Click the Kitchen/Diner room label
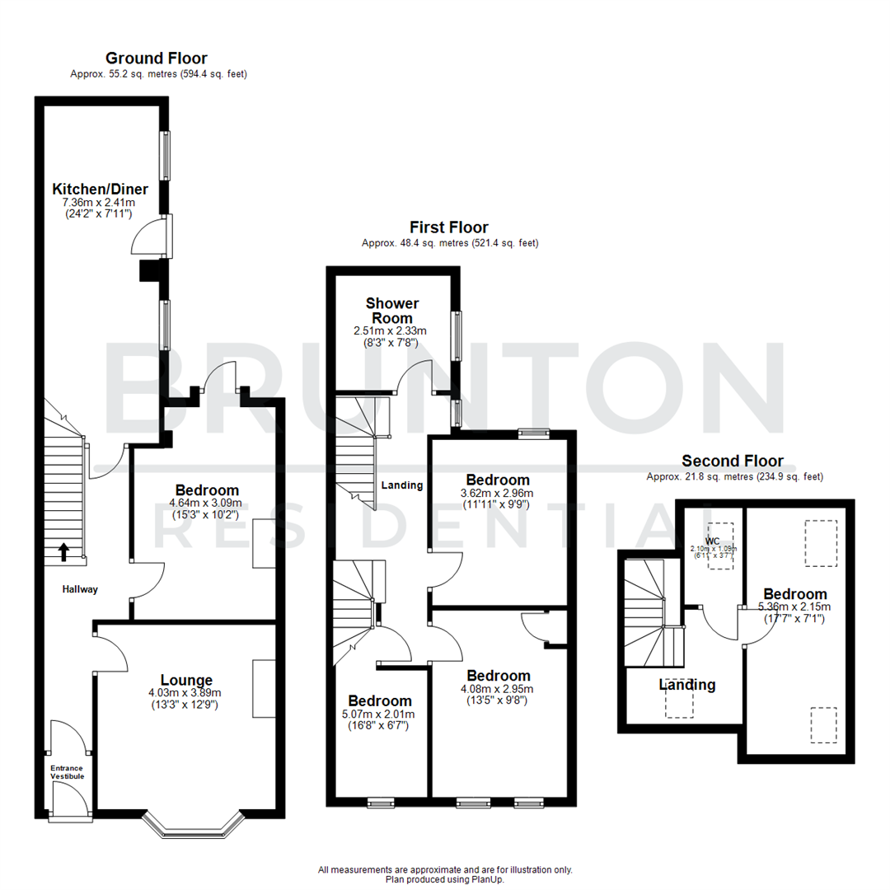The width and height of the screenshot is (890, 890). tap(100, 189)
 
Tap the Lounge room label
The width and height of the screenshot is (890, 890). tap(186, 680)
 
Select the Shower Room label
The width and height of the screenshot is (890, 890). tap(392, 311)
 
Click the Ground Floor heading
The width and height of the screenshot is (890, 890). tap(157, 59)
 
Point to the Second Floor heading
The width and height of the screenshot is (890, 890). tap(733, 461)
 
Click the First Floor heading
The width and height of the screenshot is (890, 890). tap(449, 227)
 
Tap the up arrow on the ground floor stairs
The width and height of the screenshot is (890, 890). tap(64, 552)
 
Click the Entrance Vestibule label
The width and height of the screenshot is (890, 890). tap(67, 772)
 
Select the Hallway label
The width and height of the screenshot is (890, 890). tap(80, 589)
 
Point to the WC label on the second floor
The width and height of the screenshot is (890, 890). tap(713, 540)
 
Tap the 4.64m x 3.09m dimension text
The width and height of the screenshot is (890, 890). tap(204, 503)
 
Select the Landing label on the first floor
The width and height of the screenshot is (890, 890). tap(402, 485)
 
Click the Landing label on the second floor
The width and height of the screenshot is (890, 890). tap(687, 685)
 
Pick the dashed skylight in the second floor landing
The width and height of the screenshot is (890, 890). tap(680, 703)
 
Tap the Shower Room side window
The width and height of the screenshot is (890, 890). tap(456, 335)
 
